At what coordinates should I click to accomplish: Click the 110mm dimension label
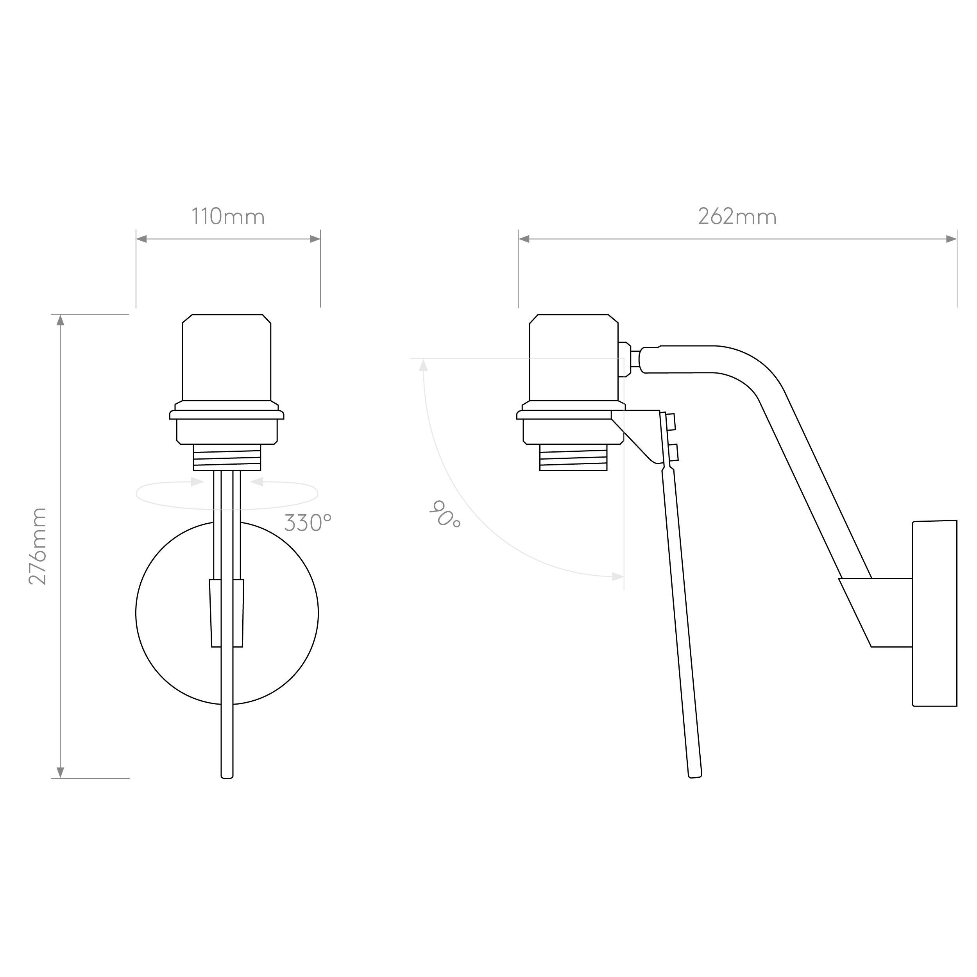(x=228, y=217)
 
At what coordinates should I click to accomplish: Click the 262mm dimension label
(x=737, y=217)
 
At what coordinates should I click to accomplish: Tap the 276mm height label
(x=38, y=547)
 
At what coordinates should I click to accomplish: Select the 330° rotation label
(x=308, y=522)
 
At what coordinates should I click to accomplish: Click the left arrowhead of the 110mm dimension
(x=141, y=239)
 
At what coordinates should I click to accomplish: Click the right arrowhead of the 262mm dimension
(x=951, y=239)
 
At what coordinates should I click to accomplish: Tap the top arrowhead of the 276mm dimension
(x=60, y=320)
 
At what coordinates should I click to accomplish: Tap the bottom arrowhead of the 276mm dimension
(x=60, y=773)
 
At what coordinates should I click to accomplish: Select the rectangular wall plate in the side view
(x=934, y=614)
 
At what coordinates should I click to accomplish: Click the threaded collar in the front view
(x=227, y=458)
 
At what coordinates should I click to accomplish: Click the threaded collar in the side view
(x=573, y=458)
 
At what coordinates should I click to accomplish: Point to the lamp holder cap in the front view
(x=227, y=358)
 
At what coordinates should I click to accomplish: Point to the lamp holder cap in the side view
(x=573, y=358)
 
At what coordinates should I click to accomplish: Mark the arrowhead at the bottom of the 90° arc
(x=618, y=576)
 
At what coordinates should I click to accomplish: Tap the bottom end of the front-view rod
(x=227, y=777)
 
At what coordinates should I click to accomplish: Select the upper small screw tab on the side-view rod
(x=671, y=422)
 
